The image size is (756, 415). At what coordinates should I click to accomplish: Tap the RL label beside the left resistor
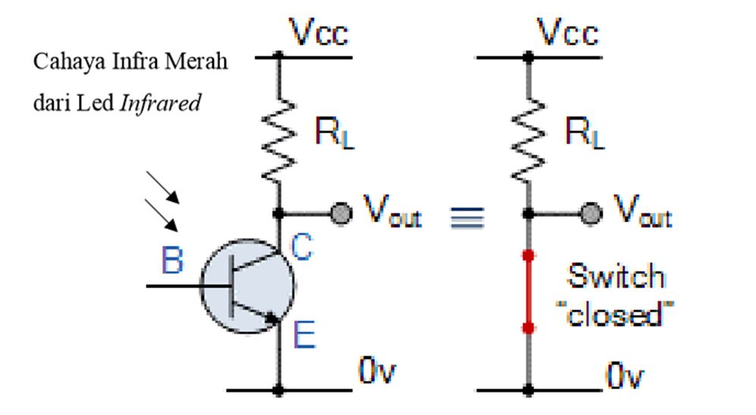tap(334, 134)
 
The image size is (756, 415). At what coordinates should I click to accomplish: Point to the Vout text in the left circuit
tap(391, 213)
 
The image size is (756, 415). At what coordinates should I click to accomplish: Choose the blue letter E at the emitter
tap(303, 335)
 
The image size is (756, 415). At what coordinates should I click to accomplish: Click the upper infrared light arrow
tap(163, 188)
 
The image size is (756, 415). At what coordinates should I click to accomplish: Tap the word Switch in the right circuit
tap(616, 276)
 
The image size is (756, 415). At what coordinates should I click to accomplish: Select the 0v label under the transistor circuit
tap(377, 373)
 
